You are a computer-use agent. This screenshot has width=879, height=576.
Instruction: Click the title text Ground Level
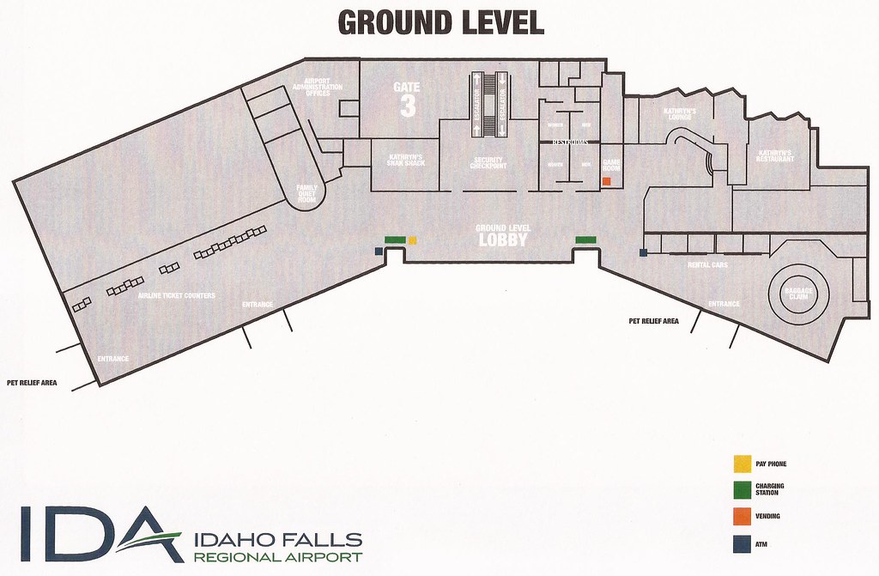[441, 22]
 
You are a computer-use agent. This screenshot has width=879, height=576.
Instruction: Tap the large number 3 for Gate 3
[407, 106]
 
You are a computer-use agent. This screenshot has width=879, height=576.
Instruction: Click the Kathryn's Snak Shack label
[406, 161]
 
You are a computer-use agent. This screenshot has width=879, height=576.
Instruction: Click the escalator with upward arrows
[476, 105]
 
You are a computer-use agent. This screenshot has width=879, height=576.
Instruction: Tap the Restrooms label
[568, 140]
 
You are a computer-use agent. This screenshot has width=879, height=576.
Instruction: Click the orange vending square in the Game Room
[606, 182]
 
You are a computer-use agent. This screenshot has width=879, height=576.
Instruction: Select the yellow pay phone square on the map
[412, 240]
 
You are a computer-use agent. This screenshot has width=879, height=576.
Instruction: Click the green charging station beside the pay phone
[394, 240]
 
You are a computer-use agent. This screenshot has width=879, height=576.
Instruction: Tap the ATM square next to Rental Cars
[643, 252]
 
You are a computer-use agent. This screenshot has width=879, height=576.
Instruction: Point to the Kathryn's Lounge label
[679, 113]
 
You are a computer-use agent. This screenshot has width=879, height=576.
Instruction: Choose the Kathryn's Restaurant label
[773, 156]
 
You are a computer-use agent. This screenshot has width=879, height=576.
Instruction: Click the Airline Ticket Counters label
[177, 295]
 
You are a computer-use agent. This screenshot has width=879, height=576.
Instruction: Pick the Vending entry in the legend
[767, 516]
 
